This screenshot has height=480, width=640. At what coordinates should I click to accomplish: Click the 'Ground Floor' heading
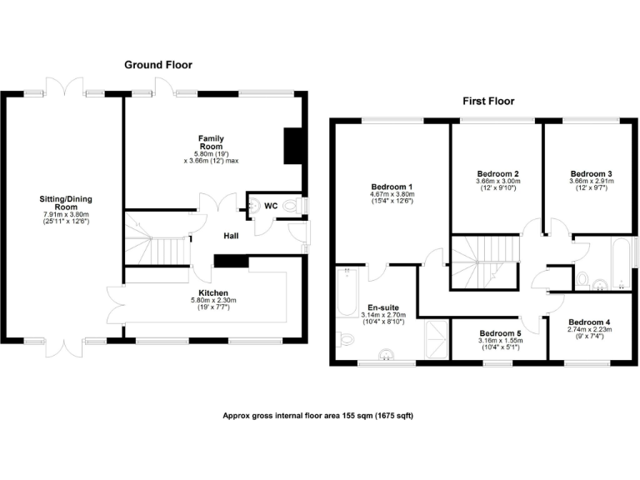point(158,64)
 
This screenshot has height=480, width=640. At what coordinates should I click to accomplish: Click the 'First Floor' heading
point(488,101)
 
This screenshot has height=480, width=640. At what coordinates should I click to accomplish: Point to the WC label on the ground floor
point(271,205)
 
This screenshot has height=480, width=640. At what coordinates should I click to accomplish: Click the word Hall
point(231,237)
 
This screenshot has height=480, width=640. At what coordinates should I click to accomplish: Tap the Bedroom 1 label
point(392,186)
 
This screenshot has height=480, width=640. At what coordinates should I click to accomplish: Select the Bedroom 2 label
point(498,172)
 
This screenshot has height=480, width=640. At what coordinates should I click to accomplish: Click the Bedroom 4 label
point(589,322)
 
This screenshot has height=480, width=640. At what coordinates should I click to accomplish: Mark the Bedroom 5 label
point(500,332)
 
